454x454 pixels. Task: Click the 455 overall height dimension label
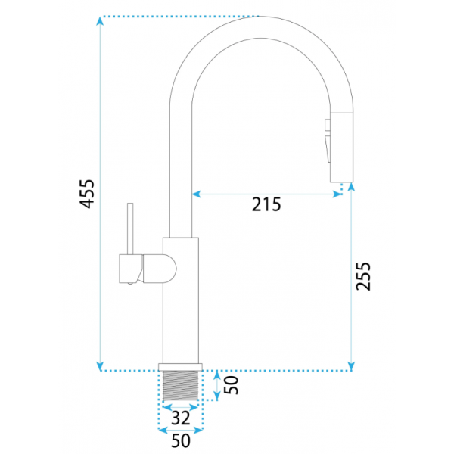87,194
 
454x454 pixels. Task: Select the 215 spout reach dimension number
266,204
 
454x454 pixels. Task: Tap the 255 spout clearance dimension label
363,276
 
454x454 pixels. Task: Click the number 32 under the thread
181,418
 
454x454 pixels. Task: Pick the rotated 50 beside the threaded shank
232,385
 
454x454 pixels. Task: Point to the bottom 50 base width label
181,440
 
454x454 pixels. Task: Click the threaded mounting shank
181,386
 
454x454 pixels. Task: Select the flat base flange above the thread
180,367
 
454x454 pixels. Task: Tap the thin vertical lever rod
130,229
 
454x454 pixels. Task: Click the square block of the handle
131,269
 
